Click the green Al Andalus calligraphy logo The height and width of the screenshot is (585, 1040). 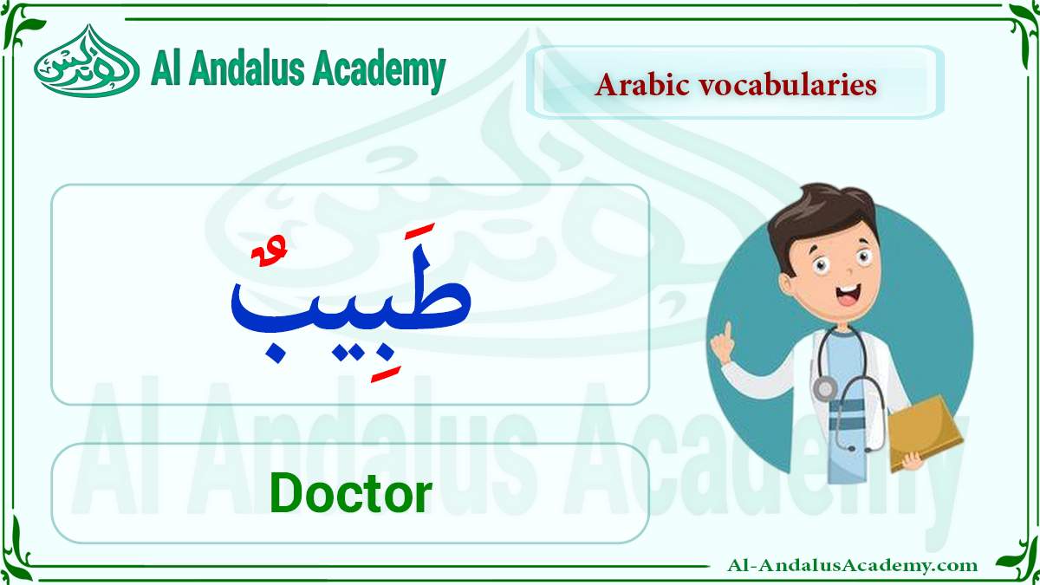tap(87, 62)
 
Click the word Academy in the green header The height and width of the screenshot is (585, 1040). tap(379, 70)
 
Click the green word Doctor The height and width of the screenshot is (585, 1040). tap(350, 492)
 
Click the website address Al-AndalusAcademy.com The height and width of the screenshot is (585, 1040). tap(852, 565)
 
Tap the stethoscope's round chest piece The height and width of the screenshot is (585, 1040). tap(825, 389)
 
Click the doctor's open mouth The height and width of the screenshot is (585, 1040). tap(847, 295)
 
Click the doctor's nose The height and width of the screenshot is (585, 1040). tap(848, 271)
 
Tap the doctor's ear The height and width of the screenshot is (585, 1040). tap(787, 284)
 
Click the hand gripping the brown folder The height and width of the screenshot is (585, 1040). tap(912, 460)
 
